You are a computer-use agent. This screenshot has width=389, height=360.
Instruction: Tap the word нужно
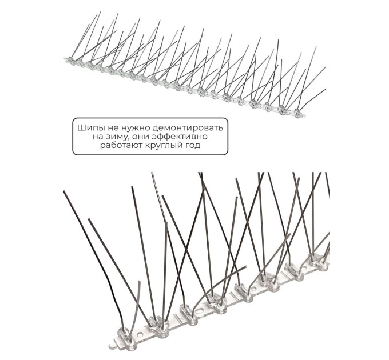pyautogui.click(x=135, y=129)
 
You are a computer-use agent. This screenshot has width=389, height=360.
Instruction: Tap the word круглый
pyautogui.click(x=162, y=146)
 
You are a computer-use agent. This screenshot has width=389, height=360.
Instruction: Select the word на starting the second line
pyautogui.click(x=98, y=137)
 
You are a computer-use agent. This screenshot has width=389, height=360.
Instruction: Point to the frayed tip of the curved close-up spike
pyautogui.click(x=245, y=267)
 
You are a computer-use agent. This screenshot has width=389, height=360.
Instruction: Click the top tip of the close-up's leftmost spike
pyautogui.click(x=64, y=191)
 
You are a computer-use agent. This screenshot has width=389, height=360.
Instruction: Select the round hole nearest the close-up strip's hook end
pyautogui.click(x=140, y=335)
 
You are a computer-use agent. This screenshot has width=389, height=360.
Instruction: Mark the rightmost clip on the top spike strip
pyautogui.click(x=297, y=112)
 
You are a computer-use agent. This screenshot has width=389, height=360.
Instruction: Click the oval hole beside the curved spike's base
pyautogui.click(x=198, y=310)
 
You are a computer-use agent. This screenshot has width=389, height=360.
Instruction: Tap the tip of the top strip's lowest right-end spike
pyautogui.click(x=325, y=90)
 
